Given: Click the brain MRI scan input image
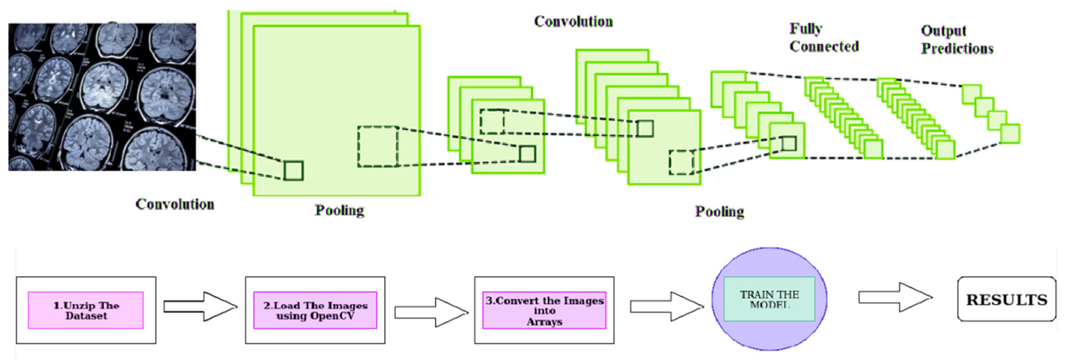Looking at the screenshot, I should [102, 97].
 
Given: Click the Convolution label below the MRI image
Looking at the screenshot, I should [175, 204].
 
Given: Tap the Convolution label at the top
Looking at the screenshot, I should [573, 22].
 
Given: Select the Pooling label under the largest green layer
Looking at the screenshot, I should [340, 210].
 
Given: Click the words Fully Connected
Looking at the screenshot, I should [824, 38].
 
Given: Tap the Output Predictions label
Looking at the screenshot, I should [957, 40].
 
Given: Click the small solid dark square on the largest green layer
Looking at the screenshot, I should [294, 170].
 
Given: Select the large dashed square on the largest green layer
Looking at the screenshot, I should [378, 147].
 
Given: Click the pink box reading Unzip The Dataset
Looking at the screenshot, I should [86, 310].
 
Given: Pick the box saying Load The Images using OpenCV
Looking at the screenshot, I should [315, 310].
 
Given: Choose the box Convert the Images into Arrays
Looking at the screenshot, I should [544, 310].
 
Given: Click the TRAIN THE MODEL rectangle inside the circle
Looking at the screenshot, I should [769, 299].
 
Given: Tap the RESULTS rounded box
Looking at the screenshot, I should [1007, 299].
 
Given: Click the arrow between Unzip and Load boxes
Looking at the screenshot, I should [200, 306].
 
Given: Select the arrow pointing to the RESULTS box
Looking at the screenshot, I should [895, 297].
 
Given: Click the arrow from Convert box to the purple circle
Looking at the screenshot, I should [666, 306].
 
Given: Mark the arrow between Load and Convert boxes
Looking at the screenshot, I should [431, 312].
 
